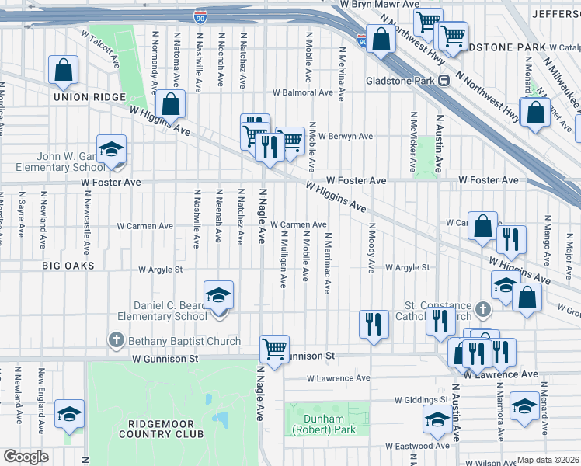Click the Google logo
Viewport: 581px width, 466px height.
(x=26, y=457)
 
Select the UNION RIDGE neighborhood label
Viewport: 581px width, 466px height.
(x=89, y=97)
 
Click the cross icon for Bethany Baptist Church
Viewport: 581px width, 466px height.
(x=116, y=340)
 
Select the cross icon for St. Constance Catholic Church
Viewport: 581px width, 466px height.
(x=482, y=310)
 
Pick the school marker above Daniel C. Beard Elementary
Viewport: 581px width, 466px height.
(x=219, y=295)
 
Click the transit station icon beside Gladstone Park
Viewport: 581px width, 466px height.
(x=444, y=80)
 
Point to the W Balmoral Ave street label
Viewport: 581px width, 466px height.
(x=302, y=92)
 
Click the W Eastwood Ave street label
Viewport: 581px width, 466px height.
(x=420, y=446)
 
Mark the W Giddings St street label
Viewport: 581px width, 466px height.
(x=422, y=400)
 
